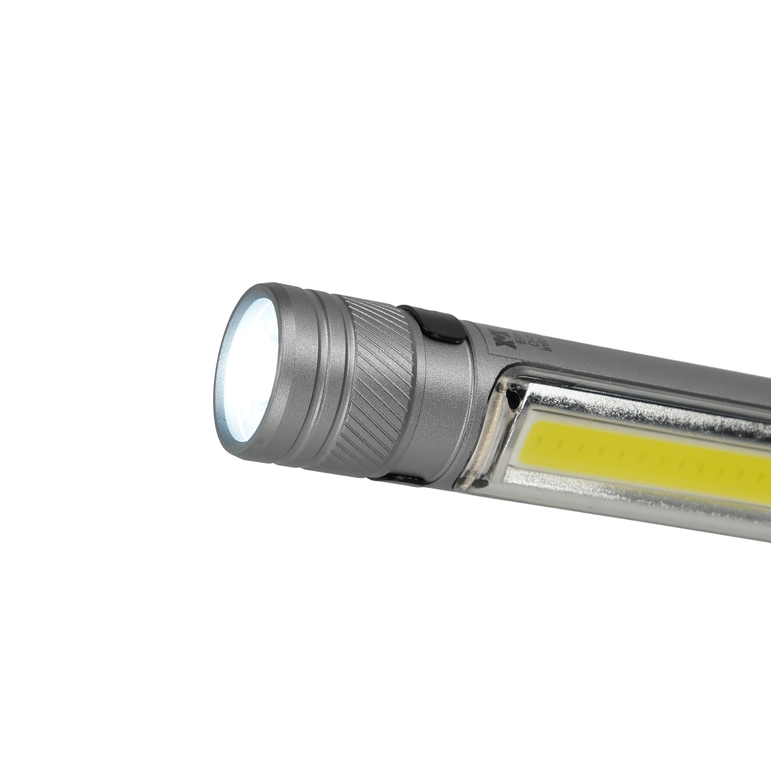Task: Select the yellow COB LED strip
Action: point(642,454)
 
